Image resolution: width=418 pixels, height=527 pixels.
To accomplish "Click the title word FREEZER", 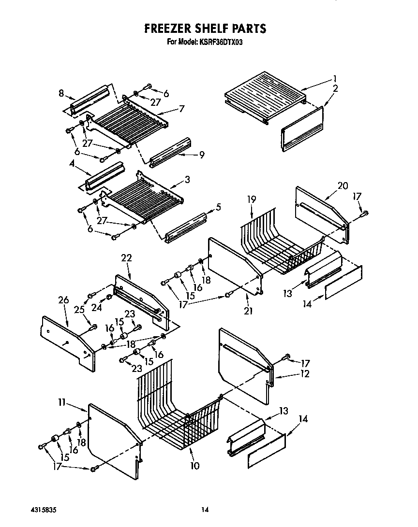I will coord(170,28).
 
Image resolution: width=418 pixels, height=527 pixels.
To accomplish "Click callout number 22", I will coord(126,258).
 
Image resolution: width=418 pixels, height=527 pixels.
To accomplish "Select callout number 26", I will coord(63,300).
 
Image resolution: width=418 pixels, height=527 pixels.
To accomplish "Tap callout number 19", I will coord(251,199).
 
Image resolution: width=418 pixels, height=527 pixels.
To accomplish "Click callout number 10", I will coord(194,466).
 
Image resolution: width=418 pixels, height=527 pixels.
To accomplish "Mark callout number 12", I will coord(304,373).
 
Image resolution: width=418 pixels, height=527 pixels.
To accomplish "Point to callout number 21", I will coord(248,311).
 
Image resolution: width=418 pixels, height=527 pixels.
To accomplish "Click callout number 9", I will coord(201,155).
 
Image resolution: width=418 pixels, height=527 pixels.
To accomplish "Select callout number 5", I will coord(218,207).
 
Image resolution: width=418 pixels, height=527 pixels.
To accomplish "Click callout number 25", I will coord(79,309).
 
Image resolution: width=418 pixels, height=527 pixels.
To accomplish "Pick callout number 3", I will coord(187,179).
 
